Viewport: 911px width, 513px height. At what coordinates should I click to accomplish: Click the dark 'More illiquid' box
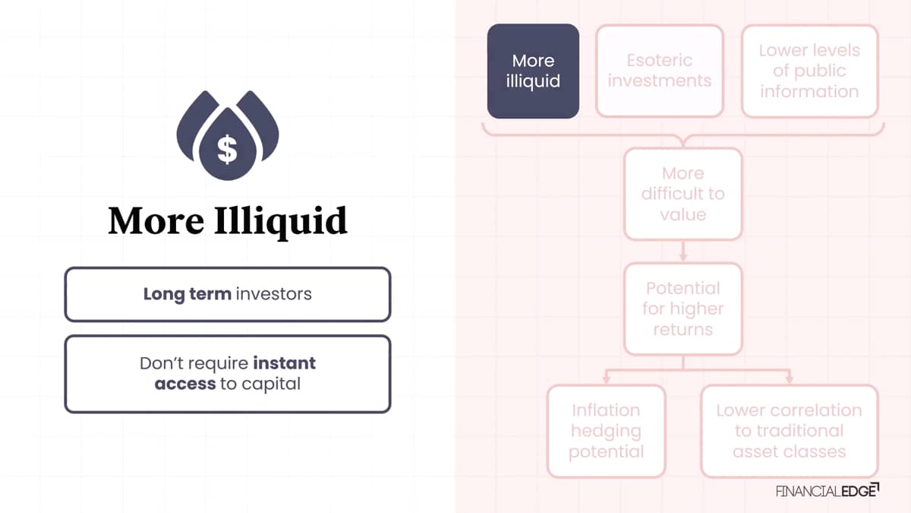(533, 71)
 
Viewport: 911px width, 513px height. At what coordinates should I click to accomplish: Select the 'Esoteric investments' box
(659, 71)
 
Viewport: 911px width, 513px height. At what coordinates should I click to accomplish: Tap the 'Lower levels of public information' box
(809, 71)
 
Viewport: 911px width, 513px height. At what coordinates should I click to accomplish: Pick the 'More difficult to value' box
(682, 194)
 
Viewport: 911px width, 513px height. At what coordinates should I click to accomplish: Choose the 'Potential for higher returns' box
(682, 309)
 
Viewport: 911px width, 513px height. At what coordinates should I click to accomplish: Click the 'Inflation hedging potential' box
(606, 431)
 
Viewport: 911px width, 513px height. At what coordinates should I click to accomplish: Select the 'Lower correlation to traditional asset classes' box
(789, 431)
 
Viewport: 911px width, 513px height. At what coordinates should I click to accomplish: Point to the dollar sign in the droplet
(227, 149)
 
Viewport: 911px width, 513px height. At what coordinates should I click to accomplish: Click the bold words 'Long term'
(187, 294)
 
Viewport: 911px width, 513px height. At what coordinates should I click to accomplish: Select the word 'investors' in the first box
(274, 294)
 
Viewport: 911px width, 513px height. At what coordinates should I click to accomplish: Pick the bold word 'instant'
(284, 363)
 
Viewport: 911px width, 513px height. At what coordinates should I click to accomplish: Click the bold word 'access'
(185, 384)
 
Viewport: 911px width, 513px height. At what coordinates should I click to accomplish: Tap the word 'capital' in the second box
(271, 385)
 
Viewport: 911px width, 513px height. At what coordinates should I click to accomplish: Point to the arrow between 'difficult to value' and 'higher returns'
(683, 252)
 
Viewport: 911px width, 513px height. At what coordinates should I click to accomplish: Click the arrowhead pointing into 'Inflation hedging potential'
(606, 379)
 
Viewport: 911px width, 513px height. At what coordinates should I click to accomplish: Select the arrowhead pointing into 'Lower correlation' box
(790, 379)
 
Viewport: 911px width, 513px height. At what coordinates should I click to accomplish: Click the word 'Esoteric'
(659, 60)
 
